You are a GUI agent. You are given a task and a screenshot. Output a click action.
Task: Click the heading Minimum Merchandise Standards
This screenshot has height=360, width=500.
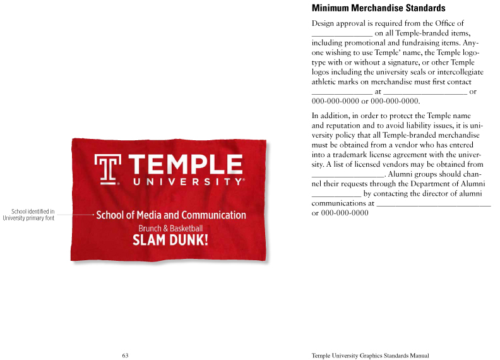379,8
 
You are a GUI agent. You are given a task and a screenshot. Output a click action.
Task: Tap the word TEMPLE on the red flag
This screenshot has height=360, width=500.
186,165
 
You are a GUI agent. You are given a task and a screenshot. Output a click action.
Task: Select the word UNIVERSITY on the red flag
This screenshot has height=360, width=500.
187,182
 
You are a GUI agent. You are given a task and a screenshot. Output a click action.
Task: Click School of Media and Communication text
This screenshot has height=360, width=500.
170,215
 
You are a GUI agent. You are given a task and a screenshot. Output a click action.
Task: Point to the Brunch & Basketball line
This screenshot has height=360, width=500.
170,228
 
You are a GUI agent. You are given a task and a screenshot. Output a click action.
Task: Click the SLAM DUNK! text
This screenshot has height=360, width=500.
170,240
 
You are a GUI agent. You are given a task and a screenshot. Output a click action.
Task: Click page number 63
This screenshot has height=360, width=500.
125,356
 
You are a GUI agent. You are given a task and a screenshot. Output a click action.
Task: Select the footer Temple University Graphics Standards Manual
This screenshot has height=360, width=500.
370,356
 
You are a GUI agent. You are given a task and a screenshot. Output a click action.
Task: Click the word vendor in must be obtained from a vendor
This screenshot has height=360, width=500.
403,145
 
